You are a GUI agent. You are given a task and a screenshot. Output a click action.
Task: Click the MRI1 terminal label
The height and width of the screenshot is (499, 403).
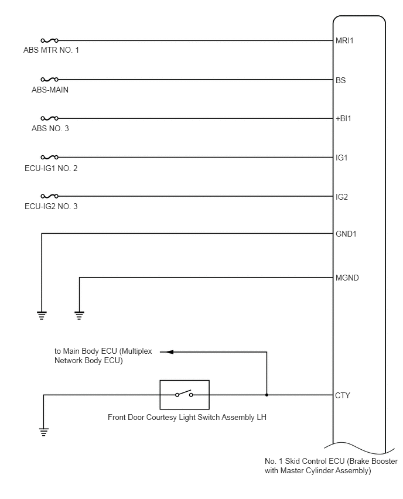click(x=344, y=41)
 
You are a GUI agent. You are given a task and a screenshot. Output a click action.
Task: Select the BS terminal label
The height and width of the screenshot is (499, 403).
click(x=340, y=80)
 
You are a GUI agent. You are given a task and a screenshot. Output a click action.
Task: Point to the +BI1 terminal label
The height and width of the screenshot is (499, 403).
click(x=343, y=119)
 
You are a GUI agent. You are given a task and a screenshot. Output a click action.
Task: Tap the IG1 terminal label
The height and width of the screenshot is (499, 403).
click(x=341, y=158)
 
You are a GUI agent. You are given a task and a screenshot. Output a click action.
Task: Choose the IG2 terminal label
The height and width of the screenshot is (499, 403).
click(x=341, y=197)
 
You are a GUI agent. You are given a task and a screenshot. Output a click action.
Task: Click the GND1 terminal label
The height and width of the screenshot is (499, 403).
click(x=346, y=234)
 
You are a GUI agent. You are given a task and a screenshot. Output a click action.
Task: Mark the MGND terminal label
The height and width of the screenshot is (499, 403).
click(x=347, y=278)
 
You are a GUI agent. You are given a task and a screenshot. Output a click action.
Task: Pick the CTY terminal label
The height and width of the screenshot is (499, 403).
click(x=343, y=395)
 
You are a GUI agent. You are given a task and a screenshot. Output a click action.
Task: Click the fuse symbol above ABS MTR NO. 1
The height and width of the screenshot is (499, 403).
click(x=50, y=40)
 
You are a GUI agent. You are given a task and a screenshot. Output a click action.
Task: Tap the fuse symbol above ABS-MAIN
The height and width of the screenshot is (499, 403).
click(x=50, y=79)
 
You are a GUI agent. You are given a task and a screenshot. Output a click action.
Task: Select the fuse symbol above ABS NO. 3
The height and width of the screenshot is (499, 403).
click(x=50, y=118)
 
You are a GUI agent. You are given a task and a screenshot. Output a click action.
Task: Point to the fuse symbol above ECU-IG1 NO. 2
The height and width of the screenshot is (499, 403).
click(x=50, y=157)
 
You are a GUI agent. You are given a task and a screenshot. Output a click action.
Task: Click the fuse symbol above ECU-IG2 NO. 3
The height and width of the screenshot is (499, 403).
click(x=50, y=196)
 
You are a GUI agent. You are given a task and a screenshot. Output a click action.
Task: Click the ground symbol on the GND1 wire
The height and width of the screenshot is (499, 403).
click(x=42, y=315)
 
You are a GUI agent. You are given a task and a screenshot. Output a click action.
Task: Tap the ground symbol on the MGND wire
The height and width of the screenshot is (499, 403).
click(x=79, y=315)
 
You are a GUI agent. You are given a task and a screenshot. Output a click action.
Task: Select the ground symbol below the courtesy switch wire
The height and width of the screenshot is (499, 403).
click(x=43, y=432)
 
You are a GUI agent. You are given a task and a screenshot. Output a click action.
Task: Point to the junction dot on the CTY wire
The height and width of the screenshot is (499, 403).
click(x=267, y=395)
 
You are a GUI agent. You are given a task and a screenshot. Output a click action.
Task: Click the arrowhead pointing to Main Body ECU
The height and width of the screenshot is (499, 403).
click(x=170, y=352)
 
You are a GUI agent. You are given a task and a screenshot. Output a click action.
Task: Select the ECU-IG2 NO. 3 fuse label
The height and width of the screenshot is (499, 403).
click(x=51, y=207)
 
